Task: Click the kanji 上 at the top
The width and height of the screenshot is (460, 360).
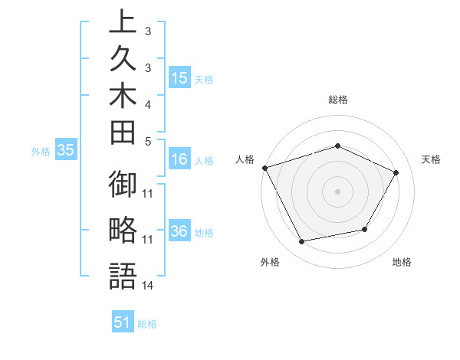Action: click(x=123, y=21)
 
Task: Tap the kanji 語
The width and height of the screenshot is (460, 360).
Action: click(x=123, y=276)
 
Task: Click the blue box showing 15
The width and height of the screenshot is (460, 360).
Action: click(x=179, y=78)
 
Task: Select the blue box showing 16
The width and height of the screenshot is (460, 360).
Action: click(x=179, y=160)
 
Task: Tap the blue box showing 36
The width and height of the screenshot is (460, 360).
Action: click(x=179, y=232)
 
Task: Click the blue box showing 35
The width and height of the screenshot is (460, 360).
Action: click(x=65, y=151)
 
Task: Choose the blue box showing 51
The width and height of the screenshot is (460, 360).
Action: click(x=123, y=323)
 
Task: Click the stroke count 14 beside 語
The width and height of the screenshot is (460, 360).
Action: click(x=148, y=286)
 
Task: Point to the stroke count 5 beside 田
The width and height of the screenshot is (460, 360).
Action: click(x=148, y=141)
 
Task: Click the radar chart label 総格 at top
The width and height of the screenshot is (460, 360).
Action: click(x=337, y=100)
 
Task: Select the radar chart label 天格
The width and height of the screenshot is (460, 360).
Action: click(x=432, y=159)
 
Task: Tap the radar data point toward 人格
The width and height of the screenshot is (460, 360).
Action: click(x=264, y=168)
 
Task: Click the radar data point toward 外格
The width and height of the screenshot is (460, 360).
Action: click(x=302, y=242)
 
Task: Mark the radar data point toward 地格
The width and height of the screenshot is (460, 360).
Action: click(x=365, y=229)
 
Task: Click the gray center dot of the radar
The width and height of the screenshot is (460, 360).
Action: click(x=337, y=191)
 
